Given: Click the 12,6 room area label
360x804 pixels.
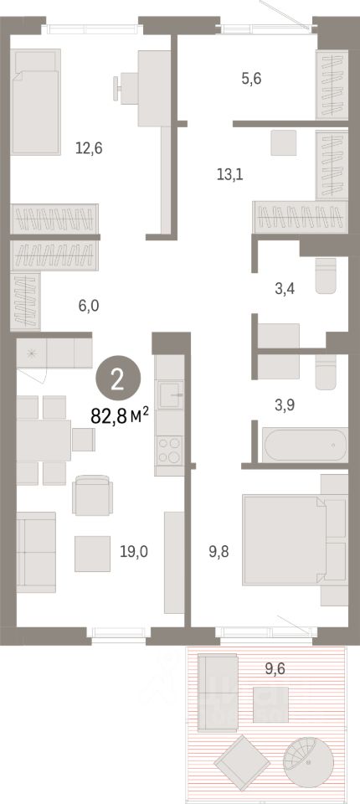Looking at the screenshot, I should [x=88, y=149].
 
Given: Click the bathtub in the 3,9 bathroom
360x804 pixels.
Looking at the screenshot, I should [x=305, y=444].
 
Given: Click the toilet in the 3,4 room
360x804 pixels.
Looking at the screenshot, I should [x=327, y=277].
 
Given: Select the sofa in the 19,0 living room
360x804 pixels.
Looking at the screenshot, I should [x=36, y=552].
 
